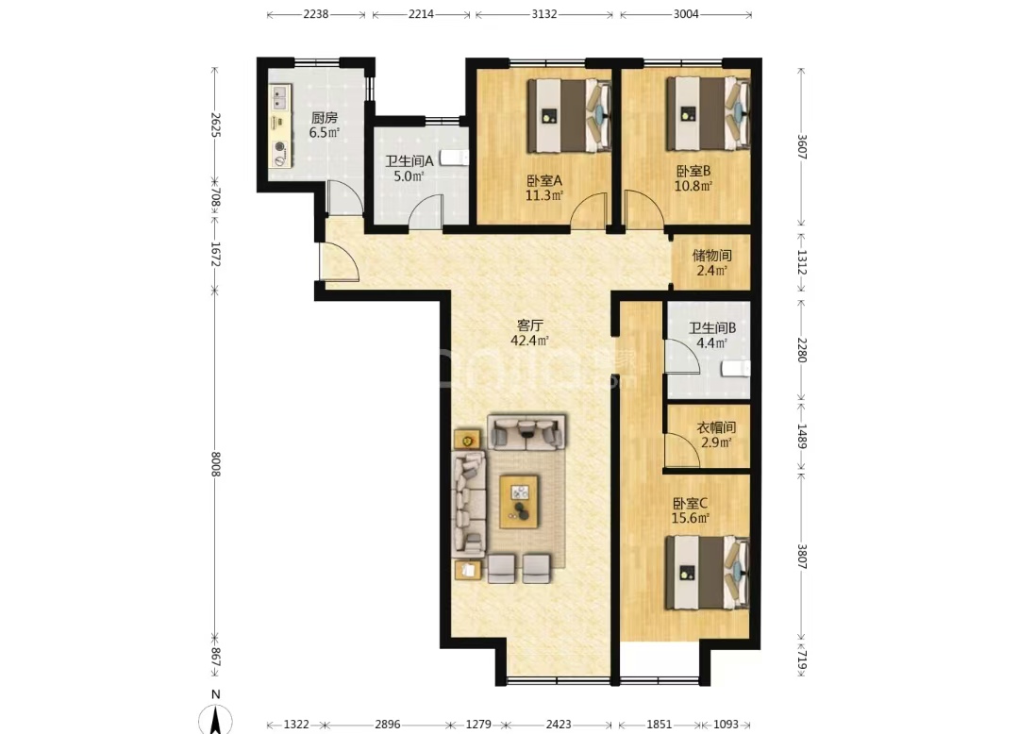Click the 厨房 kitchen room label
(x=324, y=118)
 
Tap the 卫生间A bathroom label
(x=409, y=161)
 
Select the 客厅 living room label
(x=529, y=325)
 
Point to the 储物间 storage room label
(x=711, y=256)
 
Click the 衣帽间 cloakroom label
(x=716, y=427)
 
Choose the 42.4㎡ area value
(x=529, y=340)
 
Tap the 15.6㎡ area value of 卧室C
(x=690, y=518)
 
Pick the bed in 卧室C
(x=707, y=573)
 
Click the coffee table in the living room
(x=519, y=502)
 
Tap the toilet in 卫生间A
(x=454, y=158)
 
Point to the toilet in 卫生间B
(x=736, y=369)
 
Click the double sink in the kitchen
(x=280, y=97)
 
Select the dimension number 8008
(x=216, y=464)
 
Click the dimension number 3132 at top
(x=544, y=14)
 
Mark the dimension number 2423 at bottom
(x=559, y=724)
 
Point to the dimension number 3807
(x=802, y=556)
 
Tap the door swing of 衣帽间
(x=681, y=450)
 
